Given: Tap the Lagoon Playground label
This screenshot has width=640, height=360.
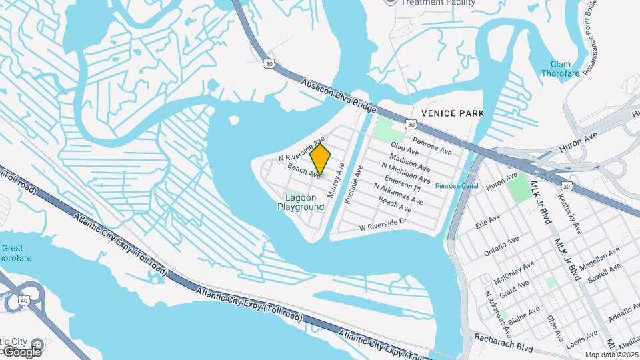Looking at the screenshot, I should [301, 202].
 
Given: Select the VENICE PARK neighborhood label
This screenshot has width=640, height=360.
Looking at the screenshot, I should [452, 113].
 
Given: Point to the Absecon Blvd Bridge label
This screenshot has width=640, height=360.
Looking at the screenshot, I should [339, 96].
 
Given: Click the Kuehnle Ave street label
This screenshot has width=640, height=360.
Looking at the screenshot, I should [353, 185].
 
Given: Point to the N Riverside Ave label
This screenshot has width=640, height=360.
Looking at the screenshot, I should [301, 149].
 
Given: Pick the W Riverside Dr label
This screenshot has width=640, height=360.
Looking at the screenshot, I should [383, 224].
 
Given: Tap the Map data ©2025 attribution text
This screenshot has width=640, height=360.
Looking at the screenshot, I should [611, 355].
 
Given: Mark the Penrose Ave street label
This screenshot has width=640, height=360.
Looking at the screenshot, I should [428, 141].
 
